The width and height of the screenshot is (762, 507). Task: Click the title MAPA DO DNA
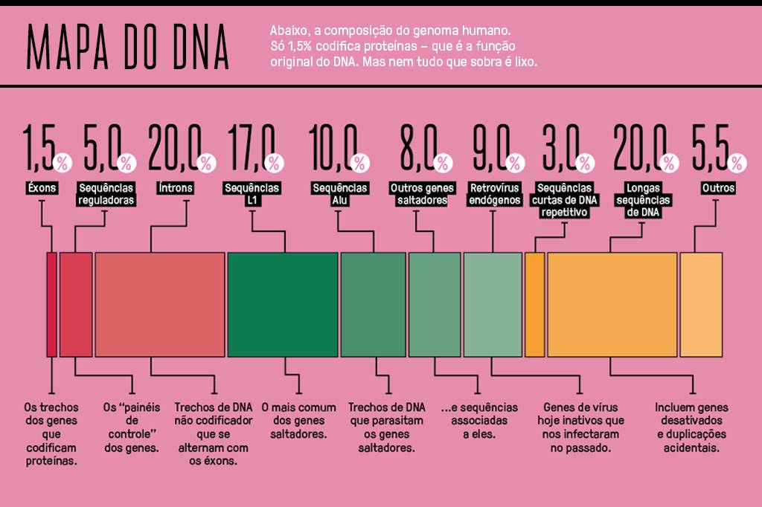[127, 46]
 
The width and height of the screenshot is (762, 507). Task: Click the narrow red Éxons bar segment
[51, 305]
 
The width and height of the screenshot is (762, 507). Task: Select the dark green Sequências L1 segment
[283, 305]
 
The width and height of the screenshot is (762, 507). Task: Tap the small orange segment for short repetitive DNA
[534, 305]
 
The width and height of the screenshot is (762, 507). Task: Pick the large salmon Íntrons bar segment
[160, 305]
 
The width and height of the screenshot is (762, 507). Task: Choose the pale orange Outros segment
[701, 305]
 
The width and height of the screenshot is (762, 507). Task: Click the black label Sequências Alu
[340, 194]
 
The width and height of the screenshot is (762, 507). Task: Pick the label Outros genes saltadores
[421, 194]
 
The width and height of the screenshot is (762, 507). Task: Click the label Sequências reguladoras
[106, 194]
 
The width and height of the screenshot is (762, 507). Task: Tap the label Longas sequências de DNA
[644, 200]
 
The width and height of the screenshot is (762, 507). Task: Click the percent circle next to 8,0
[443, 162]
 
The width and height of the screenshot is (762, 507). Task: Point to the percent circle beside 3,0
[585, 162]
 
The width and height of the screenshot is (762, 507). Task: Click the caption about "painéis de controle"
[131, 427]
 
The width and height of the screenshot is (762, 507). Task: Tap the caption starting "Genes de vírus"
[580, 427]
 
